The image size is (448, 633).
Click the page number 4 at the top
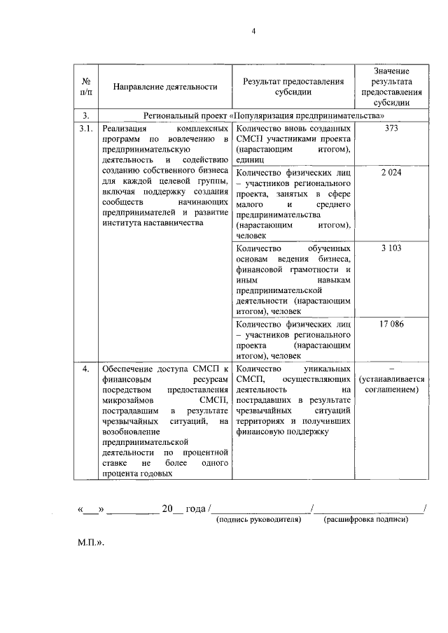[254, 31]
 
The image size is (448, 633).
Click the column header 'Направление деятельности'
[165, 87]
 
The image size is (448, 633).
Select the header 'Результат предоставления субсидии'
[293, 87]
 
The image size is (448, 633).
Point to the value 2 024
[392, 172]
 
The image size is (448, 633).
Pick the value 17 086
[392, 325]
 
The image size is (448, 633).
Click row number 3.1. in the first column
[86, 129]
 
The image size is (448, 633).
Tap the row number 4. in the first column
[85, 369]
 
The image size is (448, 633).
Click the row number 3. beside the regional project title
[85, 115]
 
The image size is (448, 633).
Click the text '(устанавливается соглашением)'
[392, 384]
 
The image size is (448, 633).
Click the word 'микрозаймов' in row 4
[125, 400]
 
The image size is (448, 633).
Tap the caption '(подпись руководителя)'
[259, 520]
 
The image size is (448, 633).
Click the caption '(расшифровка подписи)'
[365, 520]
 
